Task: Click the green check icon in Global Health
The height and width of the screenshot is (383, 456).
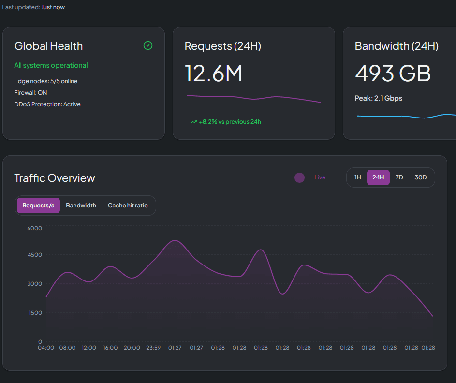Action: [148, 45]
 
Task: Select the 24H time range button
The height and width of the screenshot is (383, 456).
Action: [378, 177]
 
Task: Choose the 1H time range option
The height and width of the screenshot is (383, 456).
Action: [358, 177]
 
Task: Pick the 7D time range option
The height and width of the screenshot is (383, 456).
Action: [399, 177]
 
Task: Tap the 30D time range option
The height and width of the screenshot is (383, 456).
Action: [421, 177]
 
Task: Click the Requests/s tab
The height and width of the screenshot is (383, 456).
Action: [38, 206]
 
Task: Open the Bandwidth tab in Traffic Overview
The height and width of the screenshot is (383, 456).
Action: [81, 206]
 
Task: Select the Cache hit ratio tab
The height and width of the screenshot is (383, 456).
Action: [128, 206]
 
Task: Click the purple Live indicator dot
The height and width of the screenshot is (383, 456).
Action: [299, 177]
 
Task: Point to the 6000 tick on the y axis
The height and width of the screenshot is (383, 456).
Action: [34, 228]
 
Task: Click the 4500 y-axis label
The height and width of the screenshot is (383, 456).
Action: [34, 255]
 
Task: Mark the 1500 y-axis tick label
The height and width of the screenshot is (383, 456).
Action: [34, 313]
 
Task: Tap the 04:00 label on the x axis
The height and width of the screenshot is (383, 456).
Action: [46, 348]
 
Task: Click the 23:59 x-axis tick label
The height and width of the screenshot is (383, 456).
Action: [153, 348]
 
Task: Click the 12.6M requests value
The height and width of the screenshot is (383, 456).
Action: [213, 74]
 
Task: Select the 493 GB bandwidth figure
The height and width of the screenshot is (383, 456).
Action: [393, 74]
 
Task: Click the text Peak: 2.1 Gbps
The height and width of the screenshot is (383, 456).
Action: [379, 98]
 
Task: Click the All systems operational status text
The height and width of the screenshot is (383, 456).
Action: [51, 65]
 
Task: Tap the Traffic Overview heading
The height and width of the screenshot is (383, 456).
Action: [55, 178]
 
